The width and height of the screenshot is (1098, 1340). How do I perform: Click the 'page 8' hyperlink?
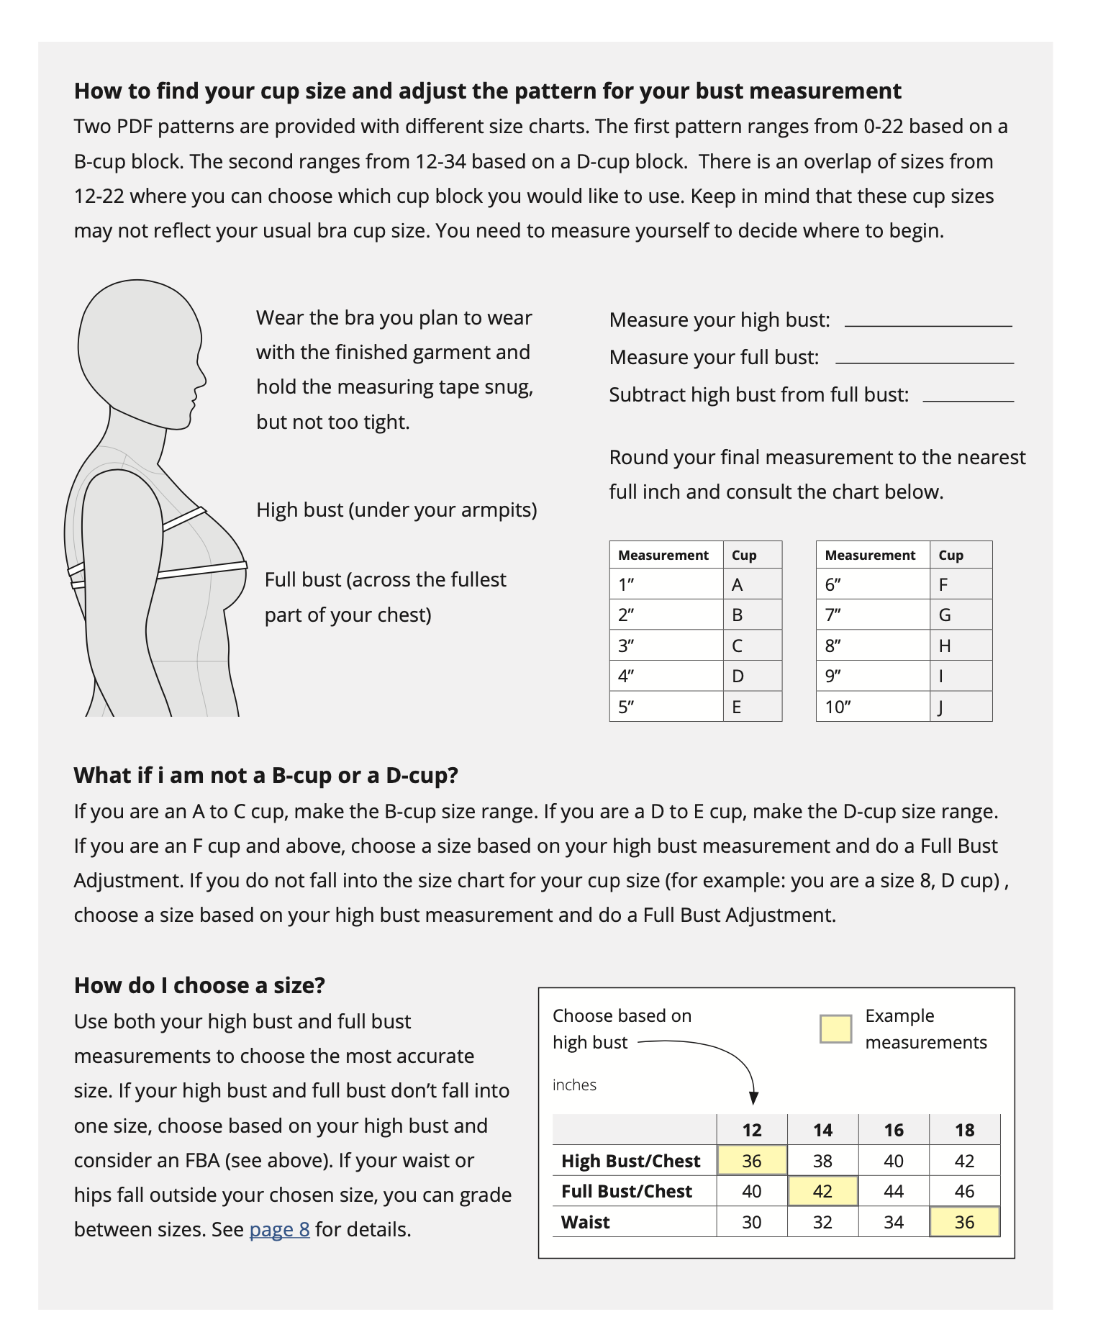coord(279,1229)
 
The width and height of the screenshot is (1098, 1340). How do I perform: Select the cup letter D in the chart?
coord(738,676)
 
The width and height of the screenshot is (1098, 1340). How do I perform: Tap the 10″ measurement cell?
coord(838,707)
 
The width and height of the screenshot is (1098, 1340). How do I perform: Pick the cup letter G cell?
coord(945,615)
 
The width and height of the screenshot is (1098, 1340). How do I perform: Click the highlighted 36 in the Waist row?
coord(964,1222)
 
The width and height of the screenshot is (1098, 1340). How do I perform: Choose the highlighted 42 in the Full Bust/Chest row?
coord(822,1191)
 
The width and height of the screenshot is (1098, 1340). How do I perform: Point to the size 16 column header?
coord(894,1130)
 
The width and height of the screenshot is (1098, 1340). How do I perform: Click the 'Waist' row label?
coord(586,1222)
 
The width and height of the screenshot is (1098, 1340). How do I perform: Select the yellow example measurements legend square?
coord(835,1029)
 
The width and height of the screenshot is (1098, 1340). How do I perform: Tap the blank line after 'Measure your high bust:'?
coord(927,325)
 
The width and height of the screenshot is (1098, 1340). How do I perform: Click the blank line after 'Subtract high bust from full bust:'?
coord(968,399)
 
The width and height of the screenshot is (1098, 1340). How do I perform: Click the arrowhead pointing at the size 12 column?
coord(753,1098)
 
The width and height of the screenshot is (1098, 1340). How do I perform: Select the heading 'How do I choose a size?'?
coord(199,985)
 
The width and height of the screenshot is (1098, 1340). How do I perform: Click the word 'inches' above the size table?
coord(574,1085)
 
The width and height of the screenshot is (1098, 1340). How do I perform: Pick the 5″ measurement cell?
coord(626,707)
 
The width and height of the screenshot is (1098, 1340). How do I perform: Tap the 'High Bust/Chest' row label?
coord(630,1161)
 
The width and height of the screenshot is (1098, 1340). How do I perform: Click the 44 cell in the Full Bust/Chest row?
coord(894,1191)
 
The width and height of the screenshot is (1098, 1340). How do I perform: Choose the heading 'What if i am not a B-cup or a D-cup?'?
coord(266,775)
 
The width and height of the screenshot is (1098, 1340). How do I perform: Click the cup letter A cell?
coord(737,584)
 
